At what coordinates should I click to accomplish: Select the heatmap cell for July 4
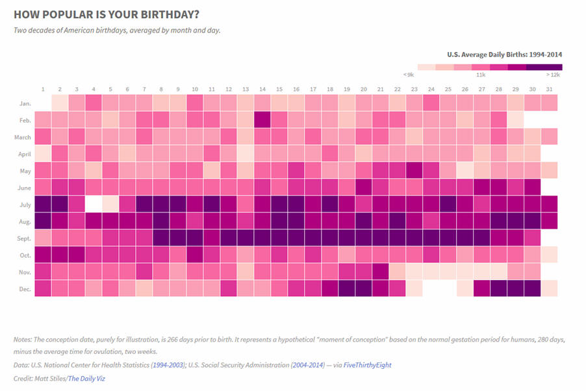click(94, 203)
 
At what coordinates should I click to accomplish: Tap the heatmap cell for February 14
click(262, 119)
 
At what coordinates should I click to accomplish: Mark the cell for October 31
click(549, 254)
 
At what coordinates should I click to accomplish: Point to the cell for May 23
click(414, 170)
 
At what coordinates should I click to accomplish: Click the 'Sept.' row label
click(23, 238)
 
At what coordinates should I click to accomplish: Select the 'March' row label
click(22, 136)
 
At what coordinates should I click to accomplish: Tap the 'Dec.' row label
click(24, 288)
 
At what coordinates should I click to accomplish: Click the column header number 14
click(262, 89)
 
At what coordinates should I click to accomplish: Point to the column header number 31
click(549, 89)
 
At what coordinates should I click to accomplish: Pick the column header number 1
click(43, 89)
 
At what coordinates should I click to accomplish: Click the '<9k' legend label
click(408, 75)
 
